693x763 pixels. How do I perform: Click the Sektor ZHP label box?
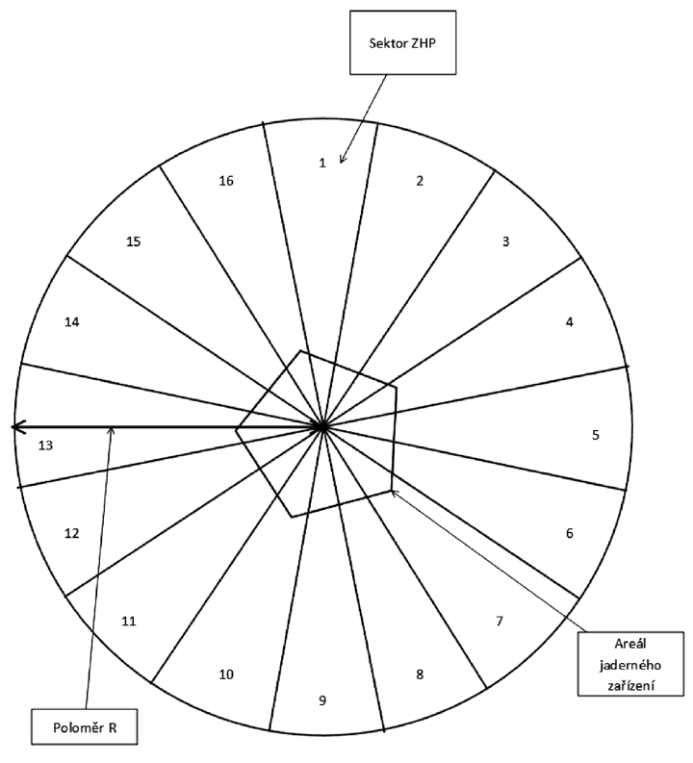[x=403, y=43]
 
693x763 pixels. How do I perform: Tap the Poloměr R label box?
[x=85, y=727]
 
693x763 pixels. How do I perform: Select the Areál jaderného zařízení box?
[x=630, y=664]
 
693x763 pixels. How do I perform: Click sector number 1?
[x=322, y=163]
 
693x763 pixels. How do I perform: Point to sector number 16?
[x=226, y=181]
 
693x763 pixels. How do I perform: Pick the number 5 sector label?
[x=596, y=435]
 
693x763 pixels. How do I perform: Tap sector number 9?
[x=322, y=700]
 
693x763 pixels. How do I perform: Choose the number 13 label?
[x=45, y=445]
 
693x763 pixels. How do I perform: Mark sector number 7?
[x=500, y=622]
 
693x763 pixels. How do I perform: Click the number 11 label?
[x=128, y=622]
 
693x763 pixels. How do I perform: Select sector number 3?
[x=505, y=242]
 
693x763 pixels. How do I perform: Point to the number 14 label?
[x=72, y=322]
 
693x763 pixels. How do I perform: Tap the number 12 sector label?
[x=72, y=534]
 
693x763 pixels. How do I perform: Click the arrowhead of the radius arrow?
[x=13, y=428]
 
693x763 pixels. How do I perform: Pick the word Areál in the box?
[x=630, y=645]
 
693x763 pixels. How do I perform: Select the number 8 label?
[x=420, y=674]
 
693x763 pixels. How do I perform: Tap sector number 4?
[x=570, y=322]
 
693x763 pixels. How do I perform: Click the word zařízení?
[x=630, y=685]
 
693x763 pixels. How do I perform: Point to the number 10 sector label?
[x=226, y=674]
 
